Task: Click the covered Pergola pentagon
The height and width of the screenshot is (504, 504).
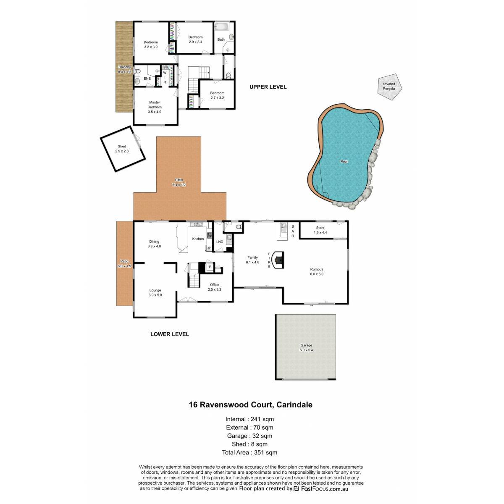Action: pos(389,87)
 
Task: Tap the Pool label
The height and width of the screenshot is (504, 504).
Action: pos(344,162)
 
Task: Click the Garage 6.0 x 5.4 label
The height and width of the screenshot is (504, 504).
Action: pos(306,348)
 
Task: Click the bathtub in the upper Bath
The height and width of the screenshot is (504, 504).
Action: pos(222,27)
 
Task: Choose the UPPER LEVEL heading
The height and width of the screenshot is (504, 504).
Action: pos(268,87)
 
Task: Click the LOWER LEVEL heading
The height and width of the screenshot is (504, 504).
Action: pos(170,334)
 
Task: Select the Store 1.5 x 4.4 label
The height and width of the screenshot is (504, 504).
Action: pos(320,230)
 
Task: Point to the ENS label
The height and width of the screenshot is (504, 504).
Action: pos(147,79)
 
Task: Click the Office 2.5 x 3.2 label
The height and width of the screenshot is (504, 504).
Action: pos(215,287)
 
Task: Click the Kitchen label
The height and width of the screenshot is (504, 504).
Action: pos(198,239)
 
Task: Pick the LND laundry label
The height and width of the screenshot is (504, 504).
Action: pos(220,241)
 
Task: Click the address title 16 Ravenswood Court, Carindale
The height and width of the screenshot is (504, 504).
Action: pos(251,404)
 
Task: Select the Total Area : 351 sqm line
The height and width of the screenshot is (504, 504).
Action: pos(249,452)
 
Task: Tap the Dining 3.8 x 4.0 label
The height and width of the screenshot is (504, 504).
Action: pos(154,244)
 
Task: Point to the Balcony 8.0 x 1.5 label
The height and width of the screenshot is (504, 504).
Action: pos(124,69)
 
